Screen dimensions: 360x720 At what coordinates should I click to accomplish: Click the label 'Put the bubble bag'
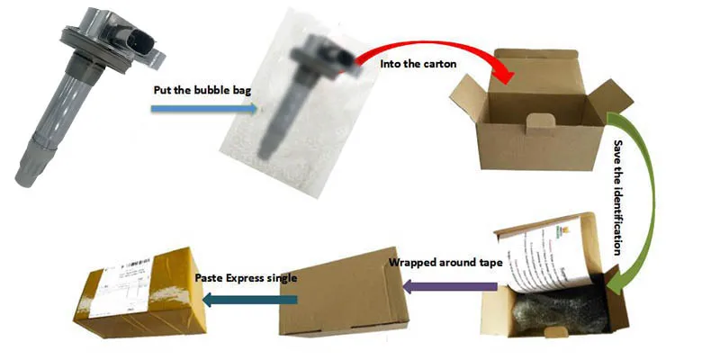(197, 90)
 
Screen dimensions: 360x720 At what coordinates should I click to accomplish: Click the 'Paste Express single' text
(246, 277)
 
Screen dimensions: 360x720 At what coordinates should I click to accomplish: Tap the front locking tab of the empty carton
(537, 122)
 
